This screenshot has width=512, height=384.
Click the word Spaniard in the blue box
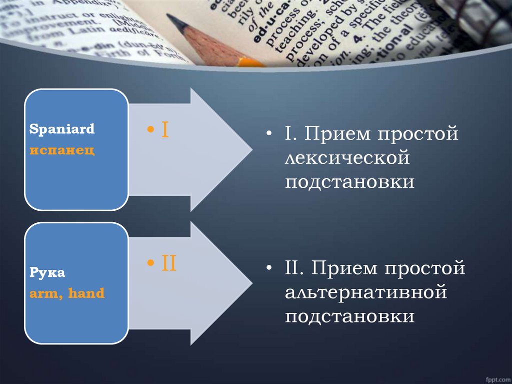(62, 129)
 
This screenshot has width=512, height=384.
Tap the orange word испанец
(62, 150)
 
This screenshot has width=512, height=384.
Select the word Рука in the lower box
(47, 273)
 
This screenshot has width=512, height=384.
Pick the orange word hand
(86, 293)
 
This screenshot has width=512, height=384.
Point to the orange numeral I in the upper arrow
(164, 131)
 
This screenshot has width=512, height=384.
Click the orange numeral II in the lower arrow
(168, 263)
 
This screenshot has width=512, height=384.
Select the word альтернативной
(365, 292)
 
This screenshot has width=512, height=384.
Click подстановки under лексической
(350, 181)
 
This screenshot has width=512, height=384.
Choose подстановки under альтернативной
(350, 316)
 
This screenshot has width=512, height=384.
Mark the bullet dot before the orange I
(150, 131)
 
